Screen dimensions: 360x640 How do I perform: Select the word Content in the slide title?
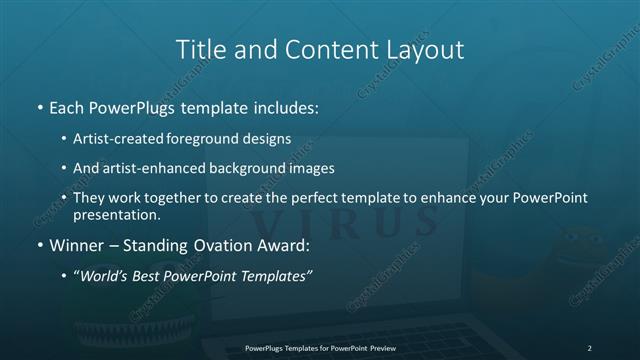pyautogui.click(x=319, y=49)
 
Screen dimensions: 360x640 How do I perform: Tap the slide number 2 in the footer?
pyautogui.click(x=589, y=348)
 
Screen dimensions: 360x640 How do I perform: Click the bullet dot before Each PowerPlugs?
pyautogui.click(x=40, y=107)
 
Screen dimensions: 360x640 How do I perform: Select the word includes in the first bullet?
pyautogui.click(x=290, y=106)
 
